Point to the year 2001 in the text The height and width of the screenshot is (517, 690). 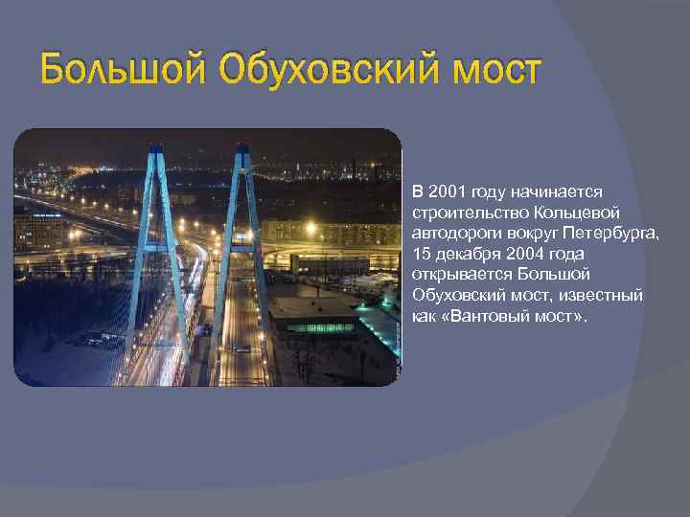click(448, 190)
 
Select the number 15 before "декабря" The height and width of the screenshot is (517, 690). click(422, 253)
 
